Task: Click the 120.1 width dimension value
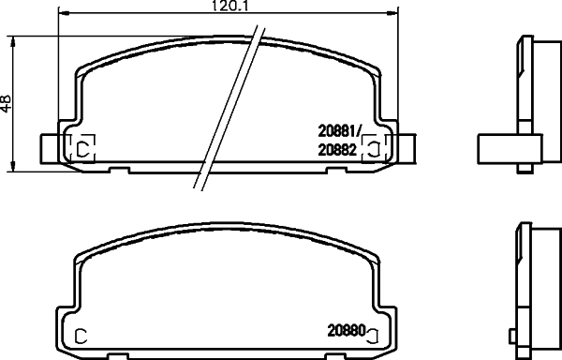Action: click(x=220, y=7)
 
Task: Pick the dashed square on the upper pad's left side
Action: click(x=81, y=147)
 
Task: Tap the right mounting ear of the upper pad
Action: click(x=401, y=147)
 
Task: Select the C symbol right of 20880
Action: click(x=373, y=333)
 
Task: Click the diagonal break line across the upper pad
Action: click(x=227, y=108)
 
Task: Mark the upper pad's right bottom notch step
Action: click(x=333, y=169)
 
